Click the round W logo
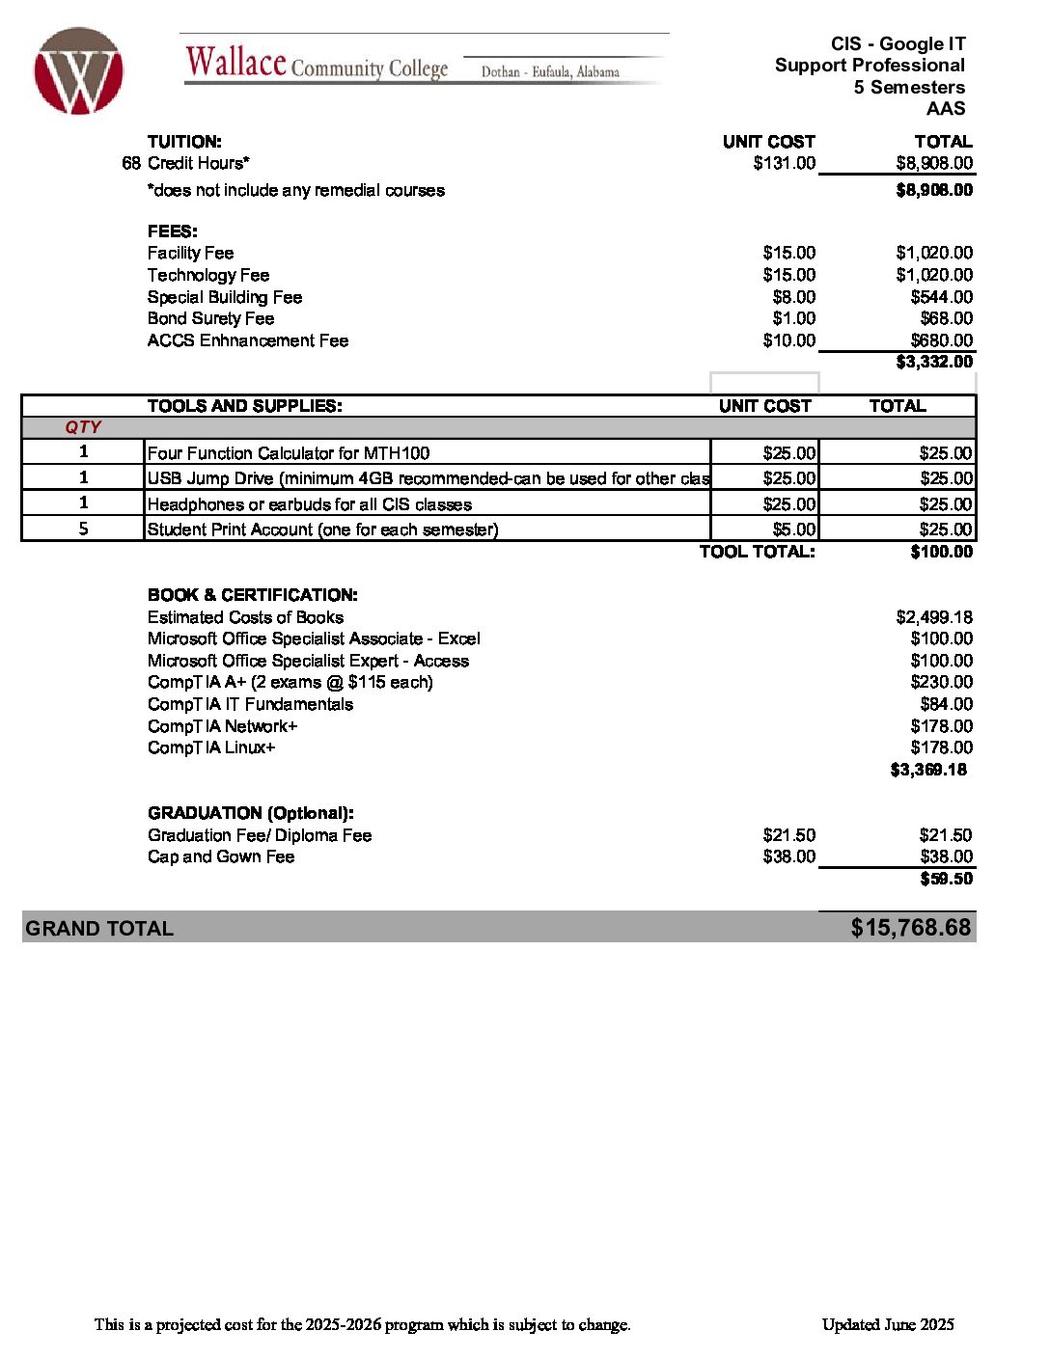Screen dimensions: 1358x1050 point(78,71)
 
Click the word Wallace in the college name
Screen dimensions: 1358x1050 point(236,63)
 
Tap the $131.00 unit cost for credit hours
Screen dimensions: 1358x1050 point(784,163)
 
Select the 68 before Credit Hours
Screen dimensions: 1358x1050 point(131,163)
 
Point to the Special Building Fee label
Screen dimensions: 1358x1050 point(225,297)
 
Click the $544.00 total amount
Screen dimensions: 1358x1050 point(941,297)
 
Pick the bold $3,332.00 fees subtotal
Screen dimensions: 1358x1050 point(934,362)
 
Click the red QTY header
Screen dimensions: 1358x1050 point(83,427)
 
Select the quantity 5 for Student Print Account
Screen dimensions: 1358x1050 point(83,529)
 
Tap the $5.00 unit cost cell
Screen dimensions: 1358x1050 point(794,530)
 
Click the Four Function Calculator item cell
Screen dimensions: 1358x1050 point(289,453)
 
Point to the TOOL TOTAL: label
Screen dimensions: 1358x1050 point(757,552)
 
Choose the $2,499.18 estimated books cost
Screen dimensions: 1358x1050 point(934,617)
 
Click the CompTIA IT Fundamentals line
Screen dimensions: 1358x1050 point(250,704)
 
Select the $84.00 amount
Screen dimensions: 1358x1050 point(946,704)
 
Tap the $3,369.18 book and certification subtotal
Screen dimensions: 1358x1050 point(928,770)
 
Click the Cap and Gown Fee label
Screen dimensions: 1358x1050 point(221,856)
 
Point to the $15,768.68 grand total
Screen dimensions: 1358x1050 point(910,928)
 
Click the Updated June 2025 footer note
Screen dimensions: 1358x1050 point(888,1324)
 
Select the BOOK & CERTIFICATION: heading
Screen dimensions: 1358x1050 point(253,595)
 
